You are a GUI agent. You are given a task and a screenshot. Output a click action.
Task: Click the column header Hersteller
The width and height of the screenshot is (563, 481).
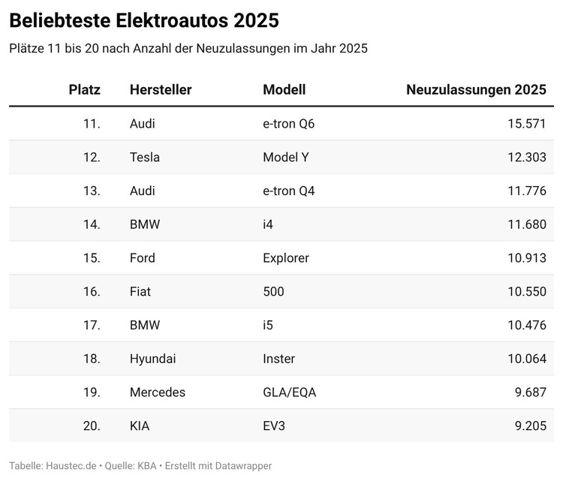(161, 90)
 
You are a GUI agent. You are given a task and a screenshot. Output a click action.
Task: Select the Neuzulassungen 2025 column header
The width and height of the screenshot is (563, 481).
(476, 90)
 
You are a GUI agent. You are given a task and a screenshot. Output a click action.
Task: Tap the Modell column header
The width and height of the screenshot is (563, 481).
(284, 90)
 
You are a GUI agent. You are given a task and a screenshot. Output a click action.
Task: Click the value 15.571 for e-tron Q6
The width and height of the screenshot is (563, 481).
(526, 124)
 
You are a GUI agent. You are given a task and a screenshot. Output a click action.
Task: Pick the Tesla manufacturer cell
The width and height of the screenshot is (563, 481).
(145, 158)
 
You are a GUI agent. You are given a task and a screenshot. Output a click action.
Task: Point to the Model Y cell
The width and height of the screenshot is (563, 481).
(285, 158)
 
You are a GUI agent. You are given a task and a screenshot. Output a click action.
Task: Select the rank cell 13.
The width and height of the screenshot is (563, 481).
(92, 191)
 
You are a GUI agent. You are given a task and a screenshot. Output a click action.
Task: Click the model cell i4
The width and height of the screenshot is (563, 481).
(269, 224)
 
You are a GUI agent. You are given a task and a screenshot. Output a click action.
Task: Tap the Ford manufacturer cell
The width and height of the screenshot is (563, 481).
(143, 258)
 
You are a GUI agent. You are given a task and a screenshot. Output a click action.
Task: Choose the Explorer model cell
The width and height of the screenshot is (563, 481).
(286, 258)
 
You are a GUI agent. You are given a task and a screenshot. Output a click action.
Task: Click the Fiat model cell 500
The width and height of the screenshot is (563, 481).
(273, 291)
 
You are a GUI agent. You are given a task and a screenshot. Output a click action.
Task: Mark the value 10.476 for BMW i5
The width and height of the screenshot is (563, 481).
(526, 325)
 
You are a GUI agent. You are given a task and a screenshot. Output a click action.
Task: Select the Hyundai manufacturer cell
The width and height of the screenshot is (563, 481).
(153, 359)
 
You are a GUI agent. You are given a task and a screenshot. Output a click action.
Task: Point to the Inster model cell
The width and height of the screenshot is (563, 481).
(279, 359)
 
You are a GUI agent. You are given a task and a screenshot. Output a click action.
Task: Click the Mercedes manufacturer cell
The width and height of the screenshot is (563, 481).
(158, 392)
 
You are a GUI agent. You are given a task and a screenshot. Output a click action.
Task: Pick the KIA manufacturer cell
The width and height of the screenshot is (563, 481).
(140, 426)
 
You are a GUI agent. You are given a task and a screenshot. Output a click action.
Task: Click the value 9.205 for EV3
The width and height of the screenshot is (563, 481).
(529, 426)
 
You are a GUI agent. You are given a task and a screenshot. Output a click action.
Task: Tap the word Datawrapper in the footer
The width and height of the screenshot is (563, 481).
(242, 466)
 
